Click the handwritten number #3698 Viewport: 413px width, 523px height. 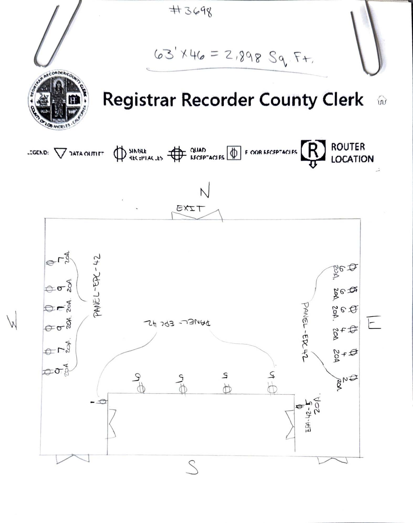coord(191,11)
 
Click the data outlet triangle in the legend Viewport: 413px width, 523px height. coord(60,153)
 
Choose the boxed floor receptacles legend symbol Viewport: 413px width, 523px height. coord(234,153)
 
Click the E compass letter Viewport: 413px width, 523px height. coord(374,323)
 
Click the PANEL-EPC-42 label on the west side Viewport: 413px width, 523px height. coord(97,285)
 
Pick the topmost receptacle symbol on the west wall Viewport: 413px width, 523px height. coord(50,262)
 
